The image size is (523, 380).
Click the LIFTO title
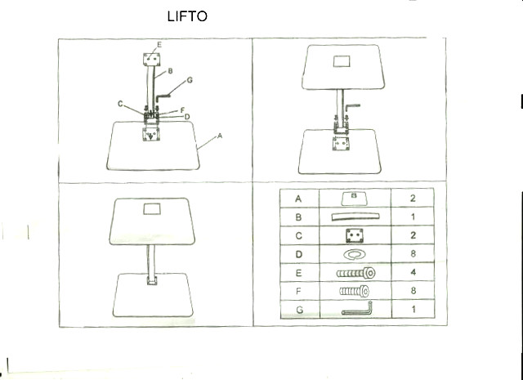pyautogui.click(x=187, y=16)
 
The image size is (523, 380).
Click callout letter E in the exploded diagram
pyautogui.click(x=159, y=45)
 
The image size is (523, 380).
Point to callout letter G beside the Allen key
pyautogui.click(x=190, y=80)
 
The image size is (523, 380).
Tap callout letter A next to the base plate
pyautogui.click(x=220, y=136)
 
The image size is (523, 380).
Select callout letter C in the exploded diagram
pyautogui.click(x=120, y=104)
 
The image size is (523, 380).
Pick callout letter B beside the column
pyautogui.click(x=170, y=71)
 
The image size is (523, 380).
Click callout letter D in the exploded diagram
pyautogui.click(x=187, y=116)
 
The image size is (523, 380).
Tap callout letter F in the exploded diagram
pyautogui.click(x=182, y=110)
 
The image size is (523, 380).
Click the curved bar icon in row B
pyautogui.click(x=355, y=217)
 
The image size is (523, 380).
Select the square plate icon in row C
pyautogui.click(x=354, y=236)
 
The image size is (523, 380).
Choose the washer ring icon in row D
pyautogui.click(x=355, y=254)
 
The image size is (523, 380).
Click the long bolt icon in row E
pyautogui.click(x=356, y=273)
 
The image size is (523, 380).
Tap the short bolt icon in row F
pyautogui.click(x=354, y=292)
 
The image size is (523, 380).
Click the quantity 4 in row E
pyautogui.click(x=413, y=272)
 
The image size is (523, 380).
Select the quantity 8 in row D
pyautogui.click(x=413, y=254)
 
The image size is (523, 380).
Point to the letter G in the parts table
pyautogui.click(x=300, y=310)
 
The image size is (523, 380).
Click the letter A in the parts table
pyautogui.click(x=298, y=199)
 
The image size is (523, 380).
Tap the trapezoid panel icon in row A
pyautogui.click(x=354, y=199)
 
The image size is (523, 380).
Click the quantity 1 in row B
pyautogui.click(x=413, y=217)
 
